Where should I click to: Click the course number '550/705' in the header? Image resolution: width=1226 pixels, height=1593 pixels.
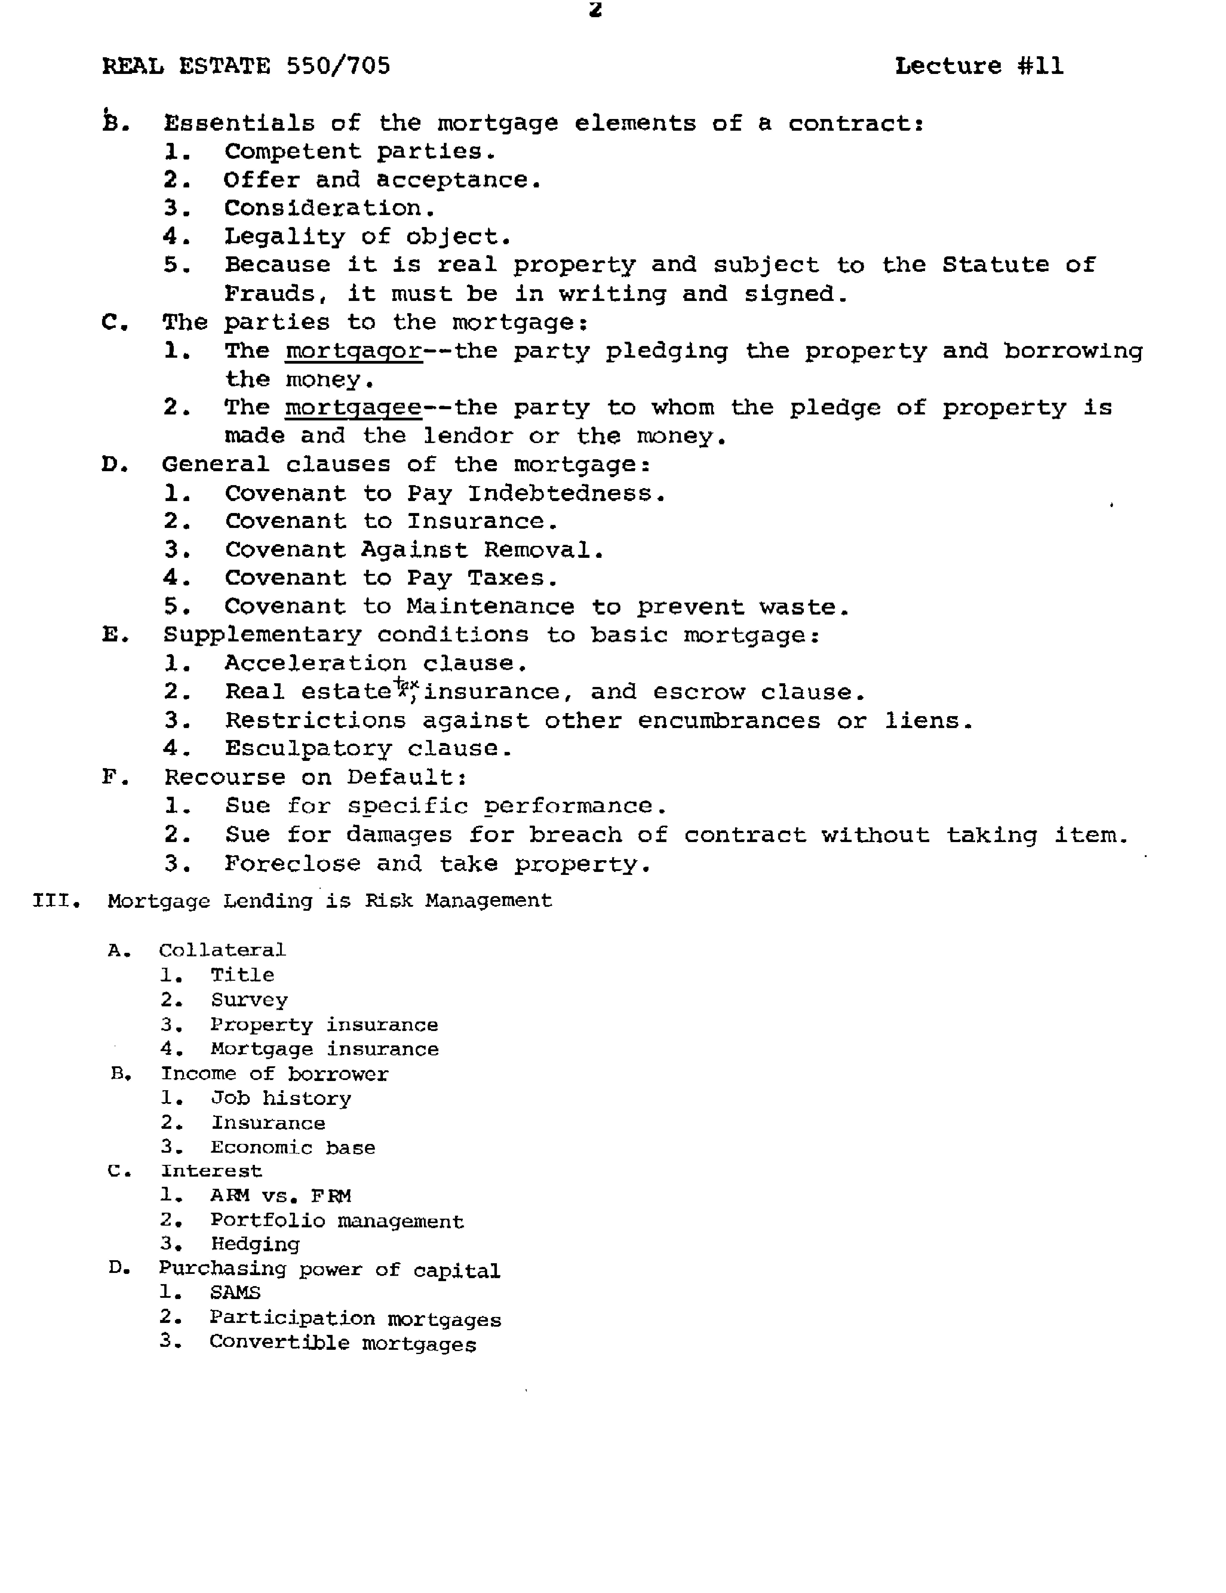click(x=338, y=66)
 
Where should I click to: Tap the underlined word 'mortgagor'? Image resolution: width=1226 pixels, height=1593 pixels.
click(x=354, y=351)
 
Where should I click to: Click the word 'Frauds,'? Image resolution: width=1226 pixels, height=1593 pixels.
click(x=276, y=294)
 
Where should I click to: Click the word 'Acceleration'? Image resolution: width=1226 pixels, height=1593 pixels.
click(x=315, y=664)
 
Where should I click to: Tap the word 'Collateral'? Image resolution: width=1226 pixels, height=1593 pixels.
click(x=223, y=950)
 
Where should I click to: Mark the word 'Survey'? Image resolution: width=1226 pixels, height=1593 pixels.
click(x=249, y=1000)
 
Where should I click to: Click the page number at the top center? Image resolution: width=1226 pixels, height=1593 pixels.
click(x=595, y=10)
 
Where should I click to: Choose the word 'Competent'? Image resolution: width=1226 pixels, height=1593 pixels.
click(x=292, y=152)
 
